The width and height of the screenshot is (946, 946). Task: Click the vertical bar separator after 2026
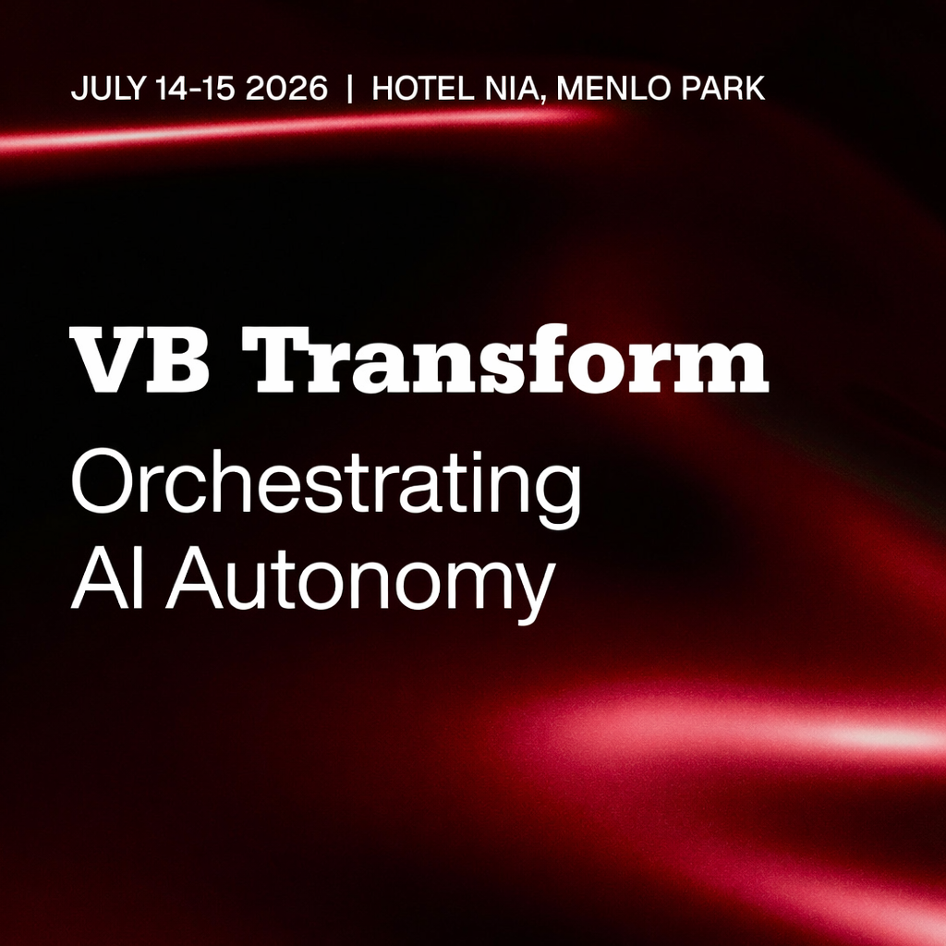pyautogui.click(x=349, y=89)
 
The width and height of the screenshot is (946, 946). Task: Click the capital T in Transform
pyautogui.click(x=274, y=359)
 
